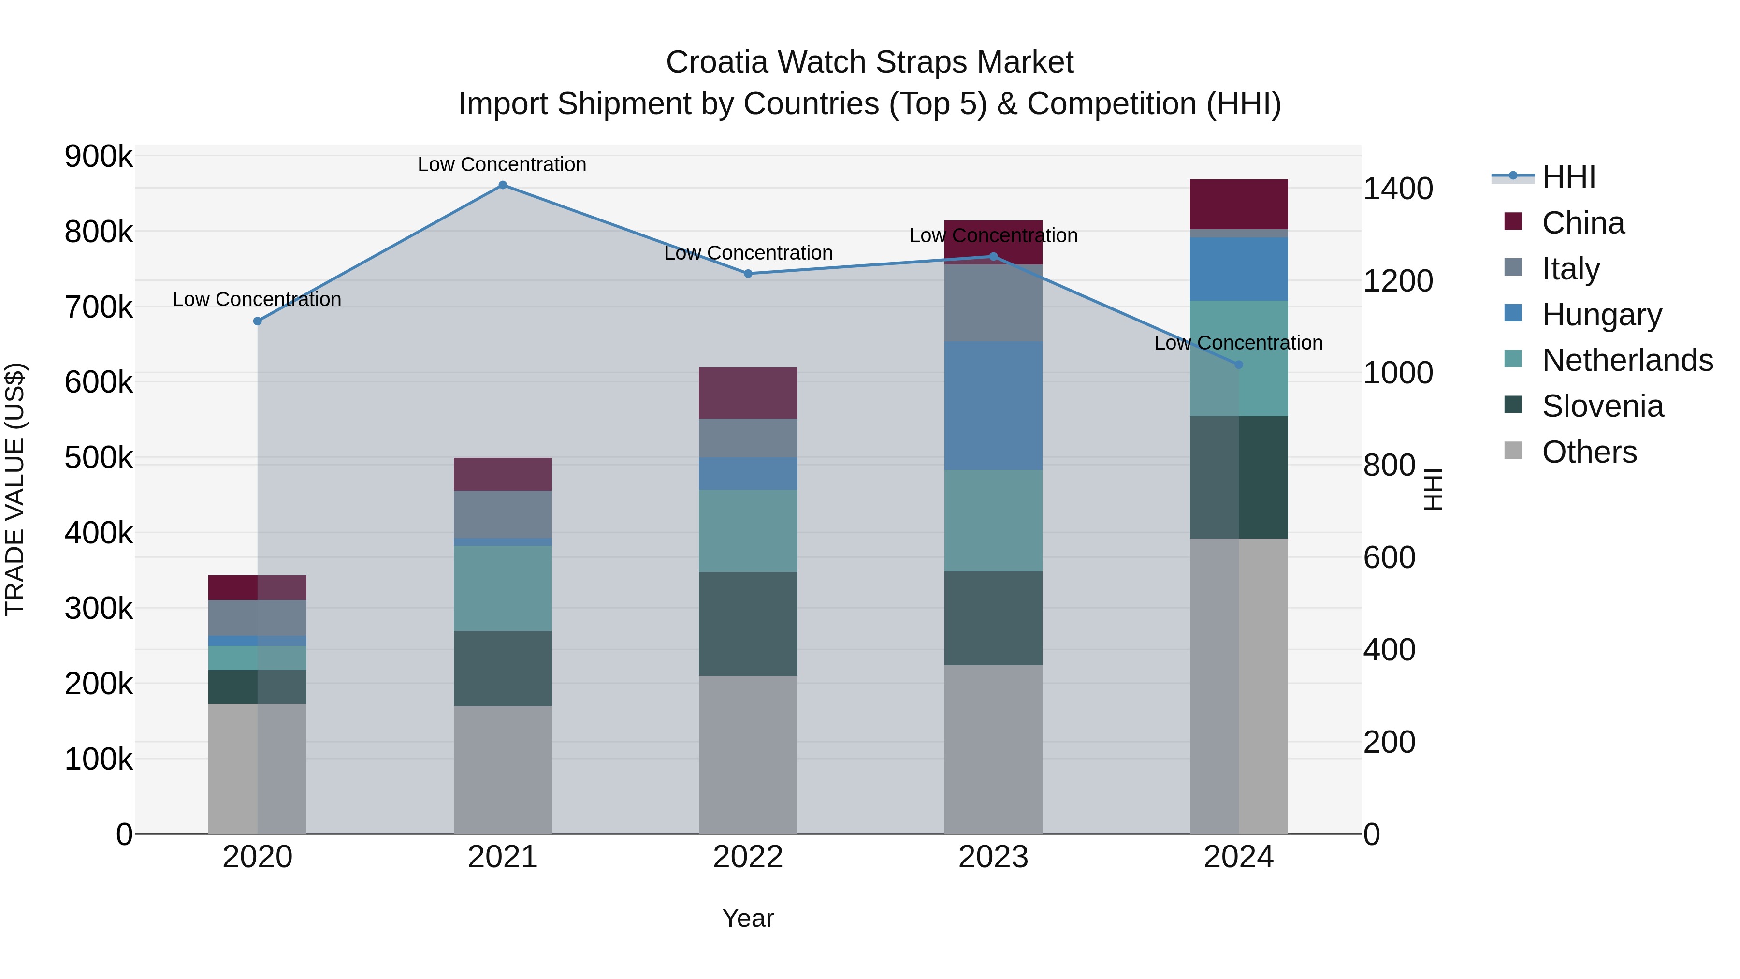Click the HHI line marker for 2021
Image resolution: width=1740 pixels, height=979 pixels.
coord(503,185)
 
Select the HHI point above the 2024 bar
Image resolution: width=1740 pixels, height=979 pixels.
coord(1238,365)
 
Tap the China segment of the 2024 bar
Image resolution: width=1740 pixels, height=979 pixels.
coord(1238,204)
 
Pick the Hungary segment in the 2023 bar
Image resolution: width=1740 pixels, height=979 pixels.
coord(993,406)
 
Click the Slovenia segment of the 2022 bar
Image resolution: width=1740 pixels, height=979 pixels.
coord(748,624)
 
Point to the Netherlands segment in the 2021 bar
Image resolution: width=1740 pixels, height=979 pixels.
coord(503,588)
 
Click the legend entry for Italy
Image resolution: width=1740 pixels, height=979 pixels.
coord(1570,269)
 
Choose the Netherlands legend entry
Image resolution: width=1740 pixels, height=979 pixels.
coord(1626,360)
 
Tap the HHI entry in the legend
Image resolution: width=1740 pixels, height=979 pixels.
coord(1568,177)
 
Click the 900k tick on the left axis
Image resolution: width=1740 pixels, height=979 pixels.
coord(99,157)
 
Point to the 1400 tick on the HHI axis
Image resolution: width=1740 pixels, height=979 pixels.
coord(1397,189)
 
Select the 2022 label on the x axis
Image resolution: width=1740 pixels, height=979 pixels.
coord(748,857)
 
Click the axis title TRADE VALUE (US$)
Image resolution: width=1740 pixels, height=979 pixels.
coord(15,489)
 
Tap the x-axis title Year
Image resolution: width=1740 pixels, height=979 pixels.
coord(748,918)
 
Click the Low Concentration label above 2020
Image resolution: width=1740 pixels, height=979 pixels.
coord(257,299)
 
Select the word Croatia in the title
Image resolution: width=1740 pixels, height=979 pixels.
coord(716,62)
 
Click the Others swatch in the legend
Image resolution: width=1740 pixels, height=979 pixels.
coord(1513,451)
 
